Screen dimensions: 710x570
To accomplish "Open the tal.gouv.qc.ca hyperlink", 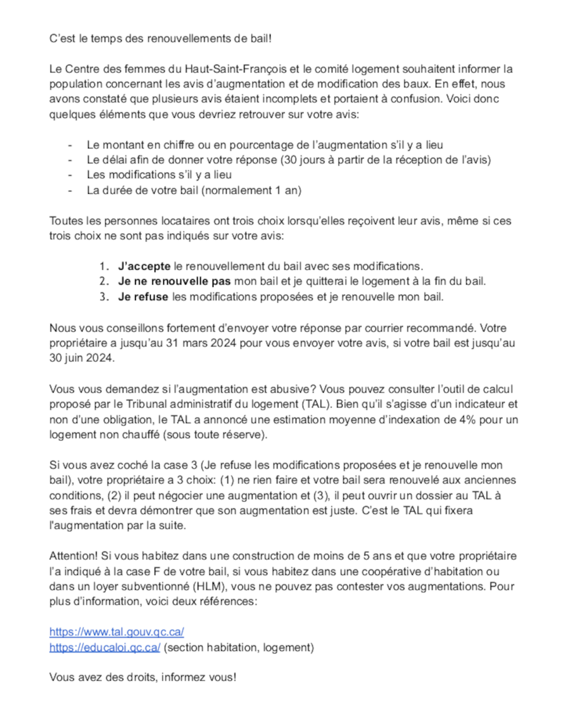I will [x=117, y=631].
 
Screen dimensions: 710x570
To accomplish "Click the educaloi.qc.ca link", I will [x=104, y=647].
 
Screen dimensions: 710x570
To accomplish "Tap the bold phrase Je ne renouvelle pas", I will [x=174, y=281].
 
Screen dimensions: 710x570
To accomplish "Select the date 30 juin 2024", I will [x=82, y=358].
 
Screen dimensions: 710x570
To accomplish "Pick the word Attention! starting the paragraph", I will [x=73, y=555].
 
